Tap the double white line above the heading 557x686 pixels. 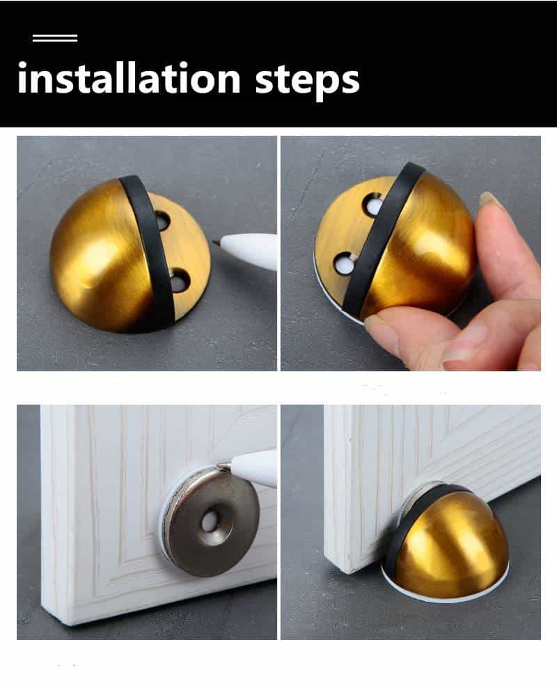tap(55, 38)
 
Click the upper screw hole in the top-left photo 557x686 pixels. tap(162, 221)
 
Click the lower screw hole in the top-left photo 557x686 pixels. tap(179, 280)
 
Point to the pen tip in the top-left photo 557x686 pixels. tap(217, 242)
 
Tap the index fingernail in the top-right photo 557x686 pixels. tap(490, 201)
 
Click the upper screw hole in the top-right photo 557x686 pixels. tap(372, 205)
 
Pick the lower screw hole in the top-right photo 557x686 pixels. tap(343, 263)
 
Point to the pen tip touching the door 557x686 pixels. tap(221, 465)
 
